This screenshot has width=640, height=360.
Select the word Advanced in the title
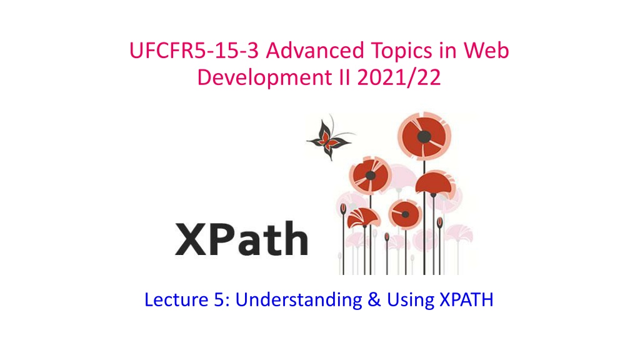click(315, 51)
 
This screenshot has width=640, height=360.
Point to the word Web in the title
click(486, 51)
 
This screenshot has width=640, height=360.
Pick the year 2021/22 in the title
click(399, 77)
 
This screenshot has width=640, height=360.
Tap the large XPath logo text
click(241, 239)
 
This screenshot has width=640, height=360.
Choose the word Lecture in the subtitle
click(176, 299)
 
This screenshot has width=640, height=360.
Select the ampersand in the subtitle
click(374, 300)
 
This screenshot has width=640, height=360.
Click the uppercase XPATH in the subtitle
click(466, 300)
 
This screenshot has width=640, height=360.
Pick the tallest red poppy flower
click(424, 136)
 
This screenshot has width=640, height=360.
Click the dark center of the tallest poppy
click(424, 137)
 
